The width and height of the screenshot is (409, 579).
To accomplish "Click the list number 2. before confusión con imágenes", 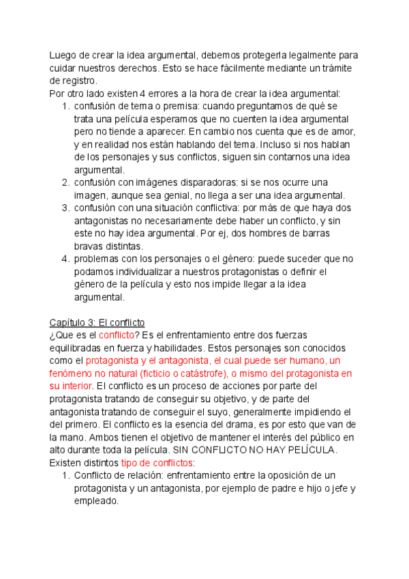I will [65, 182].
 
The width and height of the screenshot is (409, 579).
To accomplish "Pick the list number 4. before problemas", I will [65, 259].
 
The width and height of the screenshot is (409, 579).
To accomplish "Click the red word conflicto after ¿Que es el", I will [117, 335].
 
